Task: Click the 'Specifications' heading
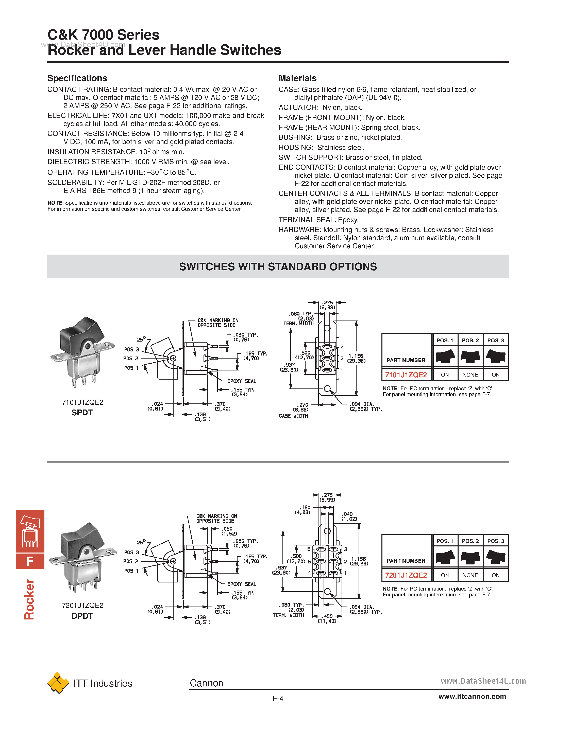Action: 77,78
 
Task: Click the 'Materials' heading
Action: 297,78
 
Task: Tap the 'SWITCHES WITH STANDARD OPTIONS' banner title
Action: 278,266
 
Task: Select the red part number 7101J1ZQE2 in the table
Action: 406,375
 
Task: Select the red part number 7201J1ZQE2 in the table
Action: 406,575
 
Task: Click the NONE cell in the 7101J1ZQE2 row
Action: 470,375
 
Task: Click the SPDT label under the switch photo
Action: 82,413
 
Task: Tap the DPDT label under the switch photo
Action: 82,616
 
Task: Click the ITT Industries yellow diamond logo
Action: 58,683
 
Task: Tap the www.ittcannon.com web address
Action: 472,697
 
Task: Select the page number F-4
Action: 278,698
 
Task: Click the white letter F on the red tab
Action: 30,561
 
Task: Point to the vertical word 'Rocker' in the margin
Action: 29,599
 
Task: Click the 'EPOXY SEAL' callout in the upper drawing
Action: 241,381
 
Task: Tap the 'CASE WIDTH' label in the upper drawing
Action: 293,416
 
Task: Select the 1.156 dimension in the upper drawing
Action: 356,356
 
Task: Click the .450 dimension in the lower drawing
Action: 328,616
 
